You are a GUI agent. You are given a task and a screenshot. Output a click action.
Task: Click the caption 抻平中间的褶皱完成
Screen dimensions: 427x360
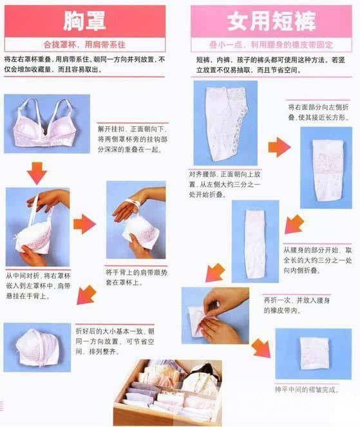click(307, 390)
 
